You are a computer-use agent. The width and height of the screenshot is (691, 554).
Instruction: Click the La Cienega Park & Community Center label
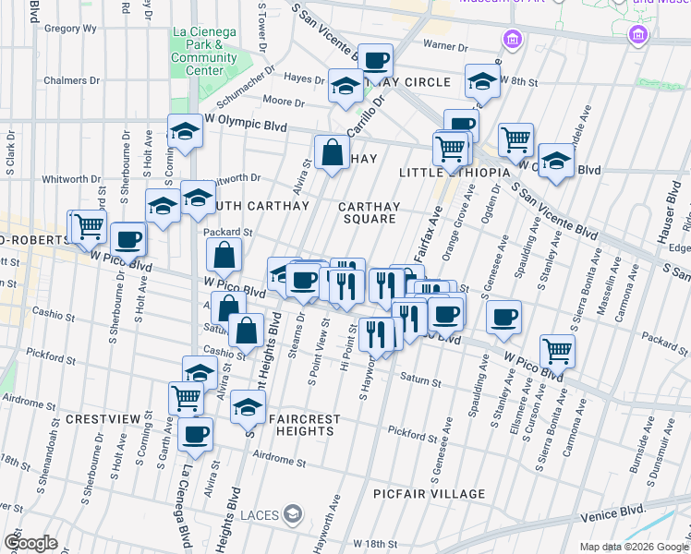[203, 51]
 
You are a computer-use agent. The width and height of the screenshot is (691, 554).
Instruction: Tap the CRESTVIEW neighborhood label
[103, 419]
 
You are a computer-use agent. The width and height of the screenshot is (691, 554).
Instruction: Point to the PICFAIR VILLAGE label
[430, 494]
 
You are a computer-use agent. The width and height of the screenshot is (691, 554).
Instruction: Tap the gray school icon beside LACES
[293, 513]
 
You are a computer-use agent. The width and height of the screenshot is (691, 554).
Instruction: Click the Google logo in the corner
[30, 543]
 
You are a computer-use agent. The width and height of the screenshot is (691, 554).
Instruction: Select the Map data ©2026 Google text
[634, 547]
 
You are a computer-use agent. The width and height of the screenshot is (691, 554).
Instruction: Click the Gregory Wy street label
[70, 29]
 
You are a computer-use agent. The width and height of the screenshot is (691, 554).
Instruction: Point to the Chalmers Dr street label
[70, 80]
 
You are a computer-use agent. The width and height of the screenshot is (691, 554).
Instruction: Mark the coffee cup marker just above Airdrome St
[195, 433]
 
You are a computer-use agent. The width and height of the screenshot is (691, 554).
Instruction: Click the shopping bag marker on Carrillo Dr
[332, 152]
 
